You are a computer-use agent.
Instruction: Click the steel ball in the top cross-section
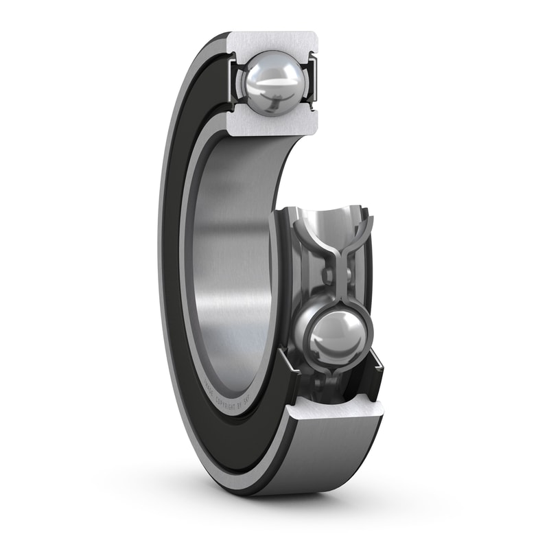click(x=272, y=84)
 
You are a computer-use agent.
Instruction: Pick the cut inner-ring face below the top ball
click(x=272, y=124)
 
